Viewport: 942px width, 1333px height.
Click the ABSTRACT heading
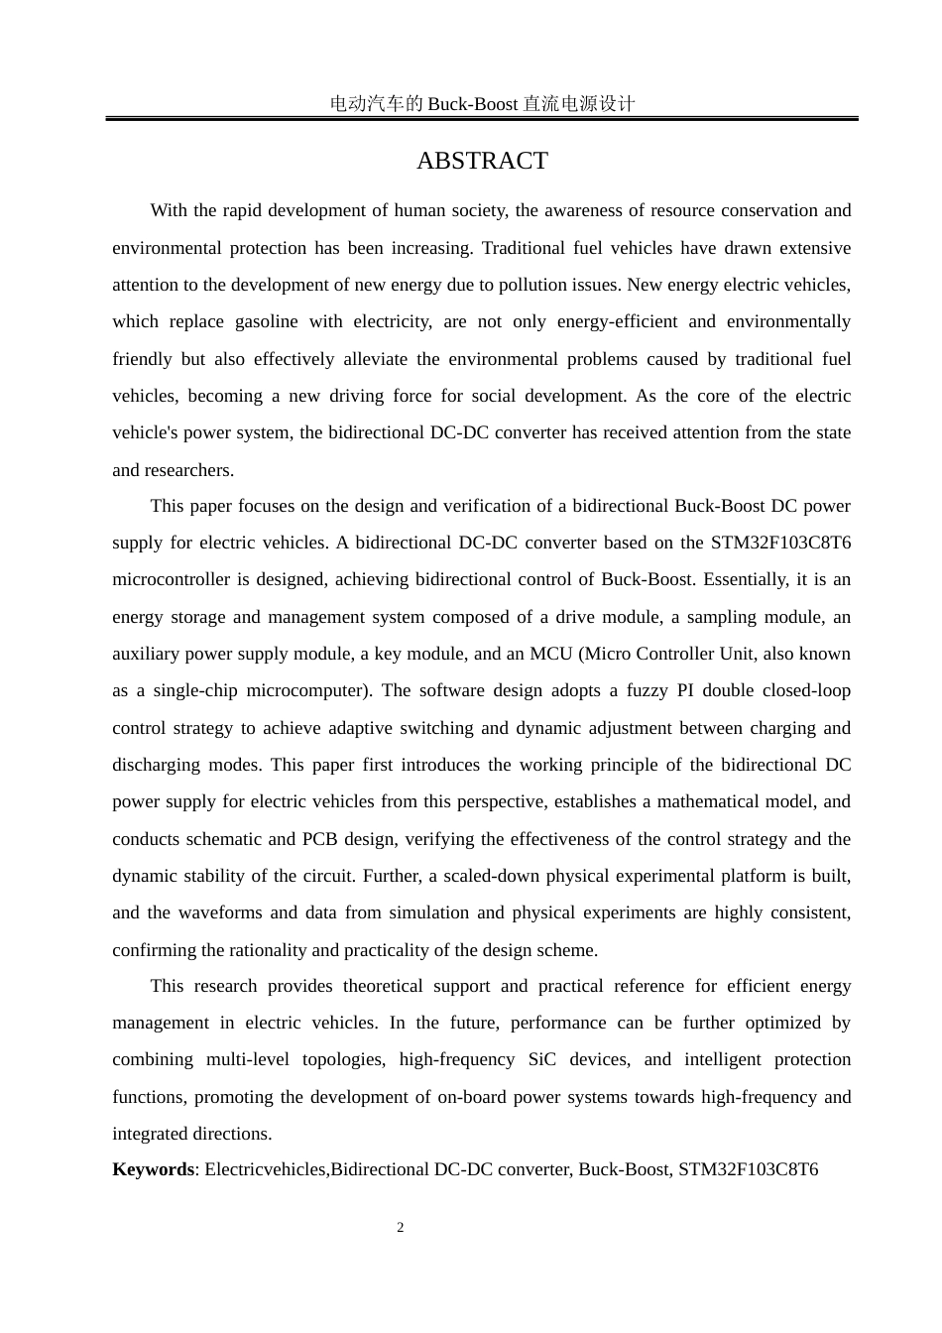click(x=482, y=161)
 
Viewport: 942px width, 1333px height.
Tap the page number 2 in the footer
click(x=401, y=1228)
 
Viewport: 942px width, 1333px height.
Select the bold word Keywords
click(x=154, y=1169)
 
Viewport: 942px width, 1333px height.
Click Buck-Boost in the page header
click(x=473, y=103)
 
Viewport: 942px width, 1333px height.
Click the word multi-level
click(x=247, y=1059)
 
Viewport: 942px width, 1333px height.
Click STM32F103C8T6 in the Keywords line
click(x=748, y=1169)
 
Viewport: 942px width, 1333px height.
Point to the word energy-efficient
click(x=616, y=321)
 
